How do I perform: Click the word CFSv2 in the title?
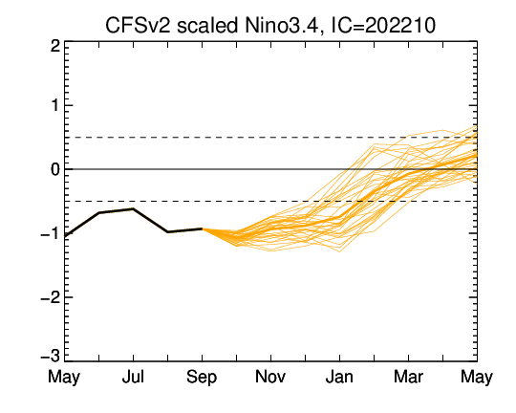click(138, 25)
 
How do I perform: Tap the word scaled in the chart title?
click(207, 25)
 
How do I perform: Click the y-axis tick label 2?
click(55, 46)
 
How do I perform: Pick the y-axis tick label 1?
click(55, 106)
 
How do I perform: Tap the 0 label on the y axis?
click(55, 169)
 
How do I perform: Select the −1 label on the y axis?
click(50, 234)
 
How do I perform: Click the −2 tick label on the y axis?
click(50, 297)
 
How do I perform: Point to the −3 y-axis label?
click(50, 357)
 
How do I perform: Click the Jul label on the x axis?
click(133, 377)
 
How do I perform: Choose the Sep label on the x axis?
click(202, 378)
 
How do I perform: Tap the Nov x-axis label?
click(270, 377)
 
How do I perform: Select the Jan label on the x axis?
click(339, 377)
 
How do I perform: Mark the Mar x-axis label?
click(408, 377)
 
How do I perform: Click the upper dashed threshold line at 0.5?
click(270, 138)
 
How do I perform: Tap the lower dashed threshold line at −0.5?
click(270, 201)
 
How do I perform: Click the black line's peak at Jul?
click(133, 208)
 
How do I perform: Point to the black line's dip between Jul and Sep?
click(167, 232)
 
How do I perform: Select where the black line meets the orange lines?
click(202, 228)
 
